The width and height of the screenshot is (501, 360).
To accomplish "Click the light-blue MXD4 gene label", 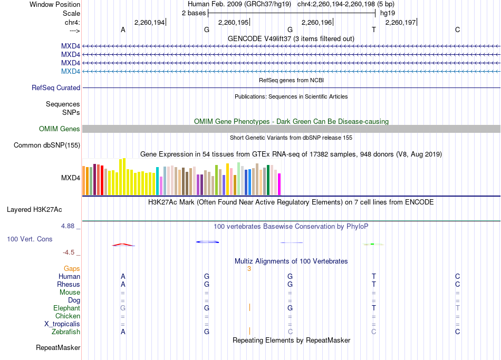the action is point(70,71).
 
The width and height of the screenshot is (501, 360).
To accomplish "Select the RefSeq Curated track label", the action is point(56,87).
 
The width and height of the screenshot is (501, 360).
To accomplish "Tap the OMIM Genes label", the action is point(60,129).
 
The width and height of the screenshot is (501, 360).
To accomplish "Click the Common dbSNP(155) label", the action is point(47,145).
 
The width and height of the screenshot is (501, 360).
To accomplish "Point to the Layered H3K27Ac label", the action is point(34,210).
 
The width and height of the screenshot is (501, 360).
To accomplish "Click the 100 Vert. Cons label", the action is point(30,239).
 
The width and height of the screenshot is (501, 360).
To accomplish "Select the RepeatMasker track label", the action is point(58,347).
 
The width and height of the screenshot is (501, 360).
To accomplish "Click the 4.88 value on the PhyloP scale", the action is point(68,226).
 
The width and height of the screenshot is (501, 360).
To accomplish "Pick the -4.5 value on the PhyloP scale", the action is point(69,252).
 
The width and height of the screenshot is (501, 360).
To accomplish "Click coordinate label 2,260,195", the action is point(233,22).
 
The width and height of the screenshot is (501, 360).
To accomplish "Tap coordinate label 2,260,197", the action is point(400,22).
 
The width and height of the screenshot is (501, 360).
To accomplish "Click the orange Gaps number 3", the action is point(249,269).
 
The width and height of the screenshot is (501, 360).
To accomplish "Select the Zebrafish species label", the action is point(66,332).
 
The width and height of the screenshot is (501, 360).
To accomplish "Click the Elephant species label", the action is point(67,308).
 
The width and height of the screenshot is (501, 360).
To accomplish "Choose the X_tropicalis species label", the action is point(62,324).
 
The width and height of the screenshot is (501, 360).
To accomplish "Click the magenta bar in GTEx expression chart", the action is point(280,184).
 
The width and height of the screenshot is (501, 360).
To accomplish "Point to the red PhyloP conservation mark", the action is point(123,245).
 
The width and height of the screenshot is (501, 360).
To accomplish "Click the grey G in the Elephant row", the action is point(123,308).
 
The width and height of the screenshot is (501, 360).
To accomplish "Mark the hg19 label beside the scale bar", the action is point(388,13).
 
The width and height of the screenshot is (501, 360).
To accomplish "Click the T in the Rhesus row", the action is point(374,284).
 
